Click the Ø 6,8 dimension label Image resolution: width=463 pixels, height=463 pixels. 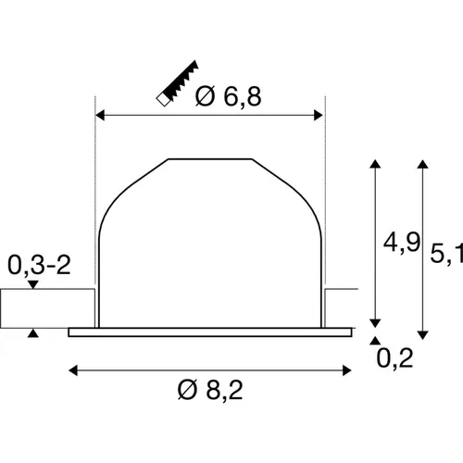coord(229,96)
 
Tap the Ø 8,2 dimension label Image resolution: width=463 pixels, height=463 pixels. coord(210,390)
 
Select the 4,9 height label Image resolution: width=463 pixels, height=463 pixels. coord(402,243)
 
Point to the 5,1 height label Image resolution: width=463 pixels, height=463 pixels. coord(446,254)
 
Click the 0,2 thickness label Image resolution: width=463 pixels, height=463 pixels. coord(394,357)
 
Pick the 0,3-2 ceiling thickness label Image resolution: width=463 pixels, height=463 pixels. coord(39,265)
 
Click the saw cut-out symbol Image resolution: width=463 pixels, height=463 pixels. coord(177,83)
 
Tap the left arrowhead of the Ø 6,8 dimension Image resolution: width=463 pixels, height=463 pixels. coord(100,116)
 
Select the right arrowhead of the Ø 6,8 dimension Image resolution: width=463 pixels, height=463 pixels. coord(318,116)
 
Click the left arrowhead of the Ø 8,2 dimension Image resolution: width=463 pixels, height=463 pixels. coord(73,370)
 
